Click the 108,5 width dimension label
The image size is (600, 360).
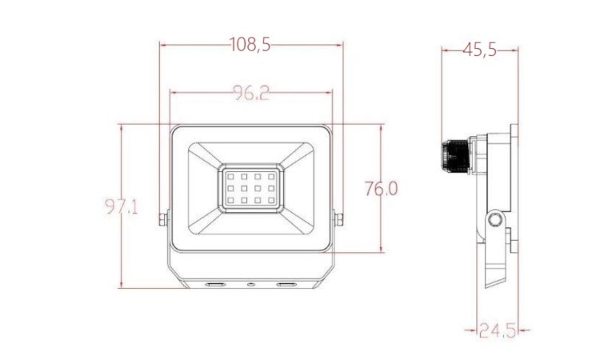250,45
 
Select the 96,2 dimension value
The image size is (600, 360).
251,93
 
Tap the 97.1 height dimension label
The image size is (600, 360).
122,206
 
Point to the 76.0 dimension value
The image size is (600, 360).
381,189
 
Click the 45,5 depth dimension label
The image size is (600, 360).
479,50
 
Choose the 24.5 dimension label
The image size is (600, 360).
497,330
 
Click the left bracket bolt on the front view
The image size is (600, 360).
162,219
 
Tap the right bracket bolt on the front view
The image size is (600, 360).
339,219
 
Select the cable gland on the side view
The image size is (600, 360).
455,157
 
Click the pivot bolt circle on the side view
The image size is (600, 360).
494,220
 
